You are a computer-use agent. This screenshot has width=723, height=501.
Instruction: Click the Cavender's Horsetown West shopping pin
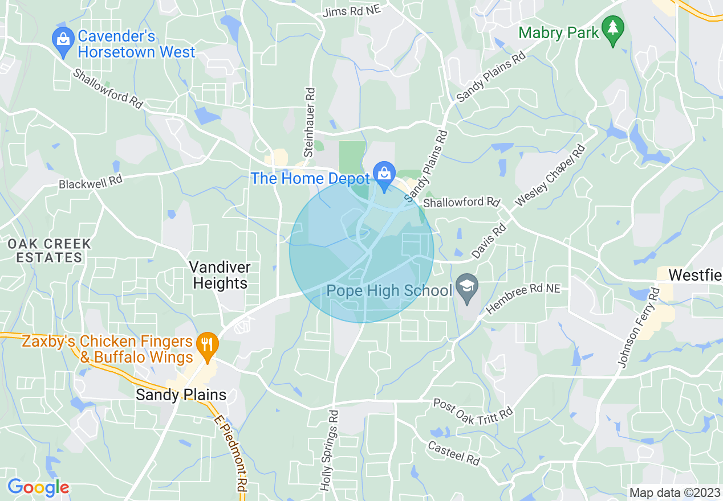(x=62, y=40)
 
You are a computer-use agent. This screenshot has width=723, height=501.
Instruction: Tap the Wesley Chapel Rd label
(x=550, y=176)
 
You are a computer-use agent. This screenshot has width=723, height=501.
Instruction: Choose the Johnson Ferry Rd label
(x=638, y=327)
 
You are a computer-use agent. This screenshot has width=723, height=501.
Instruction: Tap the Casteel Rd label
(x=454, y=451)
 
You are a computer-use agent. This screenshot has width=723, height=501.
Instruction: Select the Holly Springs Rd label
(x=330, y=450)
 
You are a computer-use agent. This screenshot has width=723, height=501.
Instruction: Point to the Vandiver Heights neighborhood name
(x=220, y=275)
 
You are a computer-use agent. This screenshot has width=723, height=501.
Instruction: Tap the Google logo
(x=38, y=487)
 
